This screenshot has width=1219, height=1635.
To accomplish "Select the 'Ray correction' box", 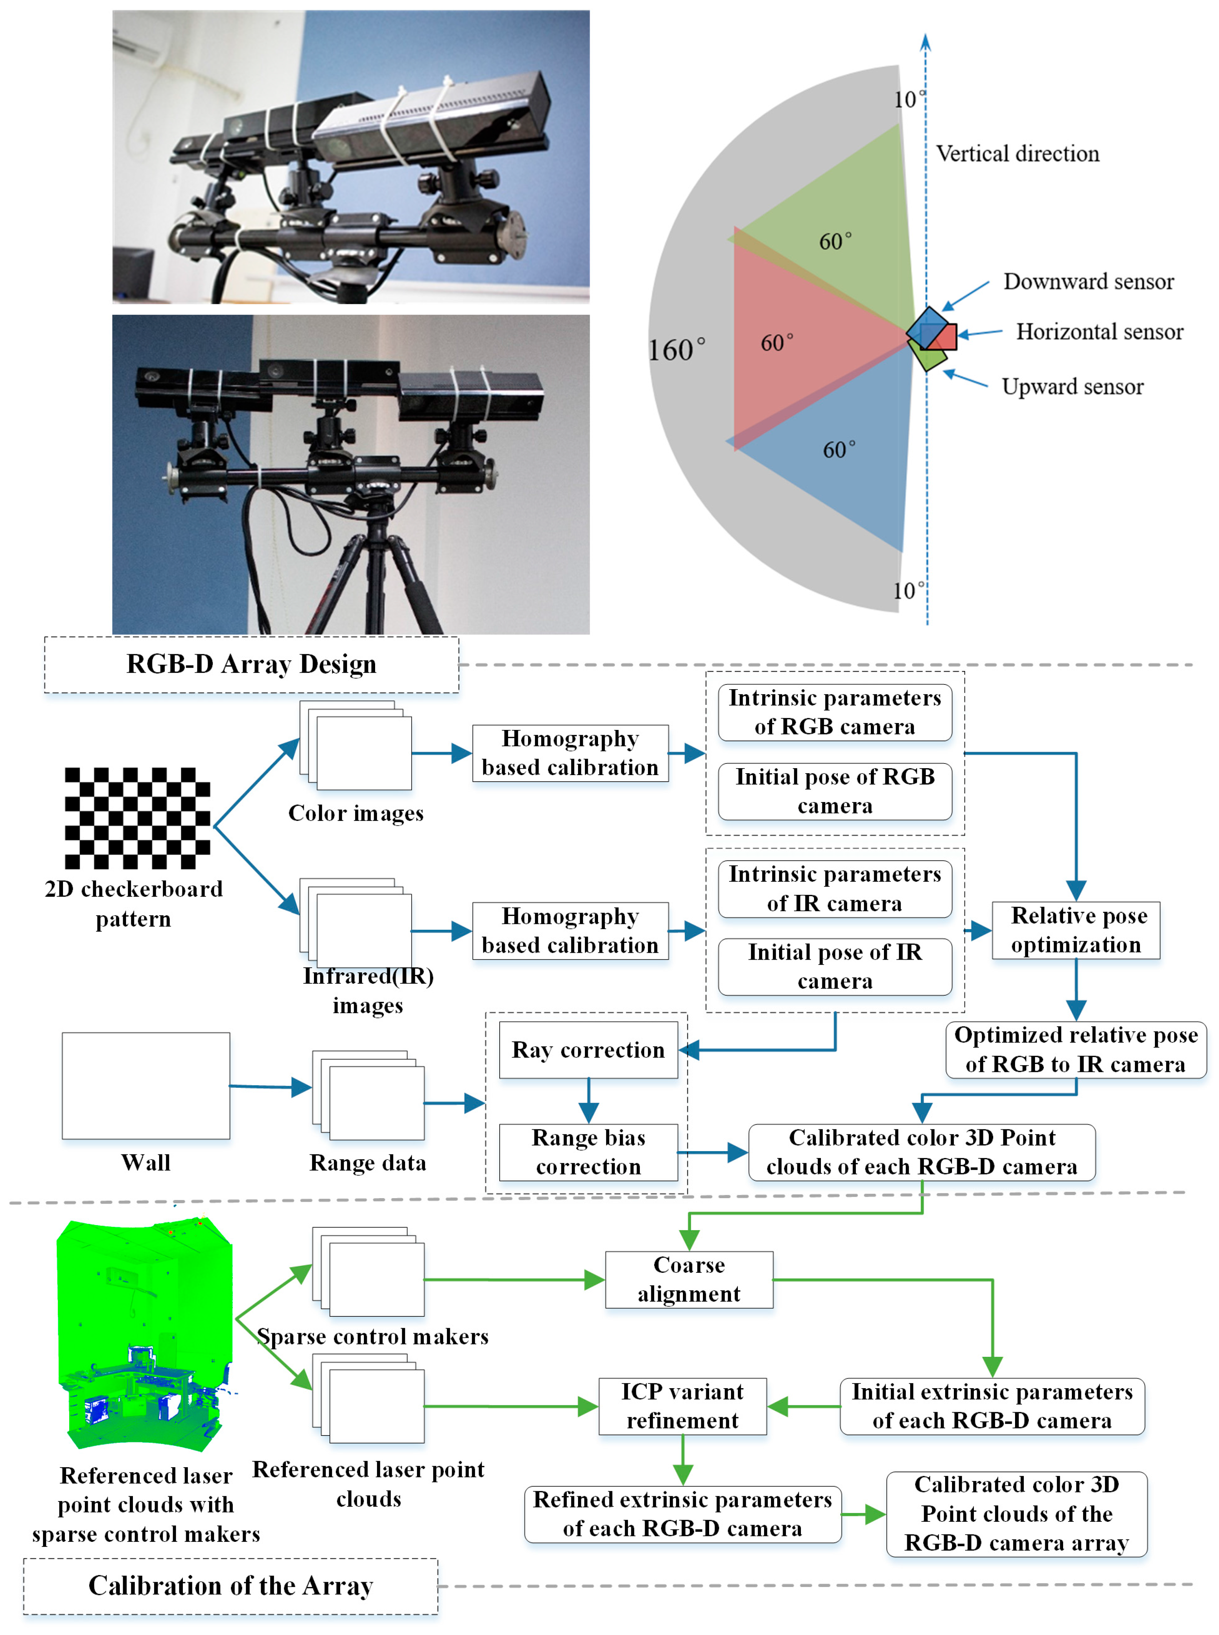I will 588,1050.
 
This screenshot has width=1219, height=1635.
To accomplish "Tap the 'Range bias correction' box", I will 588,1152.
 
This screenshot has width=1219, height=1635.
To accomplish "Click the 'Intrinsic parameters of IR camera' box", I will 834,889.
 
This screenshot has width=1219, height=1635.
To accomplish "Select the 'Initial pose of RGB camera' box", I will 834,791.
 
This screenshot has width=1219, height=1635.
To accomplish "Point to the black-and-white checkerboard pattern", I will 137,818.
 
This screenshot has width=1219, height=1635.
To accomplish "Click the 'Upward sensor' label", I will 1072,387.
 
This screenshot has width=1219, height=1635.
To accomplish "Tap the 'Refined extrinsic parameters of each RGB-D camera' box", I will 683,1514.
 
